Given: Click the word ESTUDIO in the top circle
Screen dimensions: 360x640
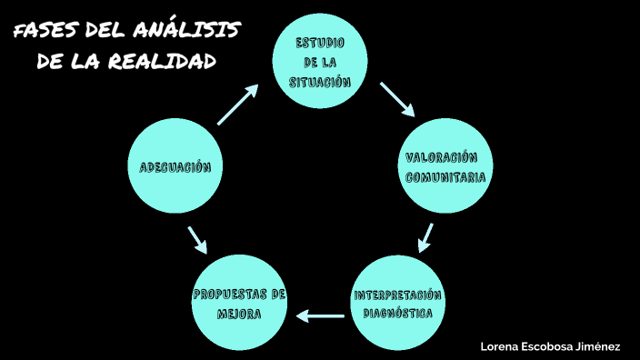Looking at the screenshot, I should click(x=320, y=44).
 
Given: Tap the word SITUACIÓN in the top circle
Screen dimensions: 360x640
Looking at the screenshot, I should click(x=320, y=82).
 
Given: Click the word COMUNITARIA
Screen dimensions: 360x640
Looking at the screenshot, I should click(x=445, y=177).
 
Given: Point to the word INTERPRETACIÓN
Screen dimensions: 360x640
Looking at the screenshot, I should click(x=398, y=295).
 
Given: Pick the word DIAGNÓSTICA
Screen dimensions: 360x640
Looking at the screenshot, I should click(x=398, y=314).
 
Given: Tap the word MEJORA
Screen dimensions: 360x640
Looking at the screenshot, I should click(x=240, y=315).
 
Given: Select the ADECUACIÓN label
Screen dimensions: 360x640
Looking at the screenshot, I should click(x=175, y=167).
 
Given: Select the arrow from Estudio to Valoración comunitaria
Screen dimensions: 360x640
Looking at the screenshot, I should click(x=397, y=99).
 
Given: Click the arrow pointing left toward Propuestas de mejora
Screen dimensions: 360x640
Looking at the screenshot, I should click(x=320, y=316).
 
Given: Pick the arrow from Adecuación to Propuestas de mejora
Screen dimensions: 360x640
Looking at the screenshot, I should click(x=196, y=239).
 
